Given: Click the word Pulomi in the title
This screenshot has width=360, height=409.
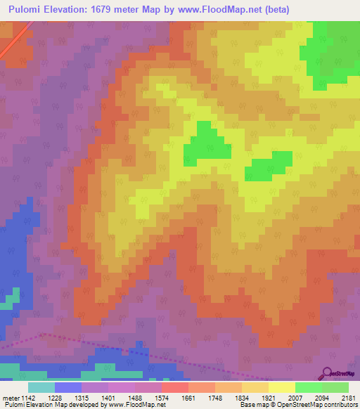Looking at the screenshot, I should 30,9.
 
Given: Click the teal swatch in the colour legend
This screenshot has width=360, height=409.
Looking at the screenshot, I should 41,387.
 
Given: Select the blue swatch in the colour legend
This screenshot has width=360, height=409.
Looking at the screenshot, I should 68,387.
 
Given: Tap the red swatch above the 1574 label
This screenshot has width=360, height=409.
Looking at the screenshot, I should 175,387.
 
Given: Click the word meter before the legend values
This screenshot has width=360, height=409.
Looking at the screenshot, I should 11,398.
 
